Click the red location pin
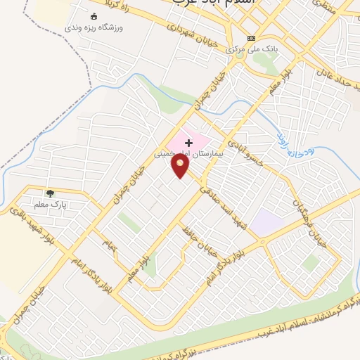click(181, 165)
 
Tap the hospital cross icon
click(188, 143)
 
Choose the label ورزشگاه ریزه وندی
click(94, 27)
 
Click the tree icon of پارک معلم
click(49, 193)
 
